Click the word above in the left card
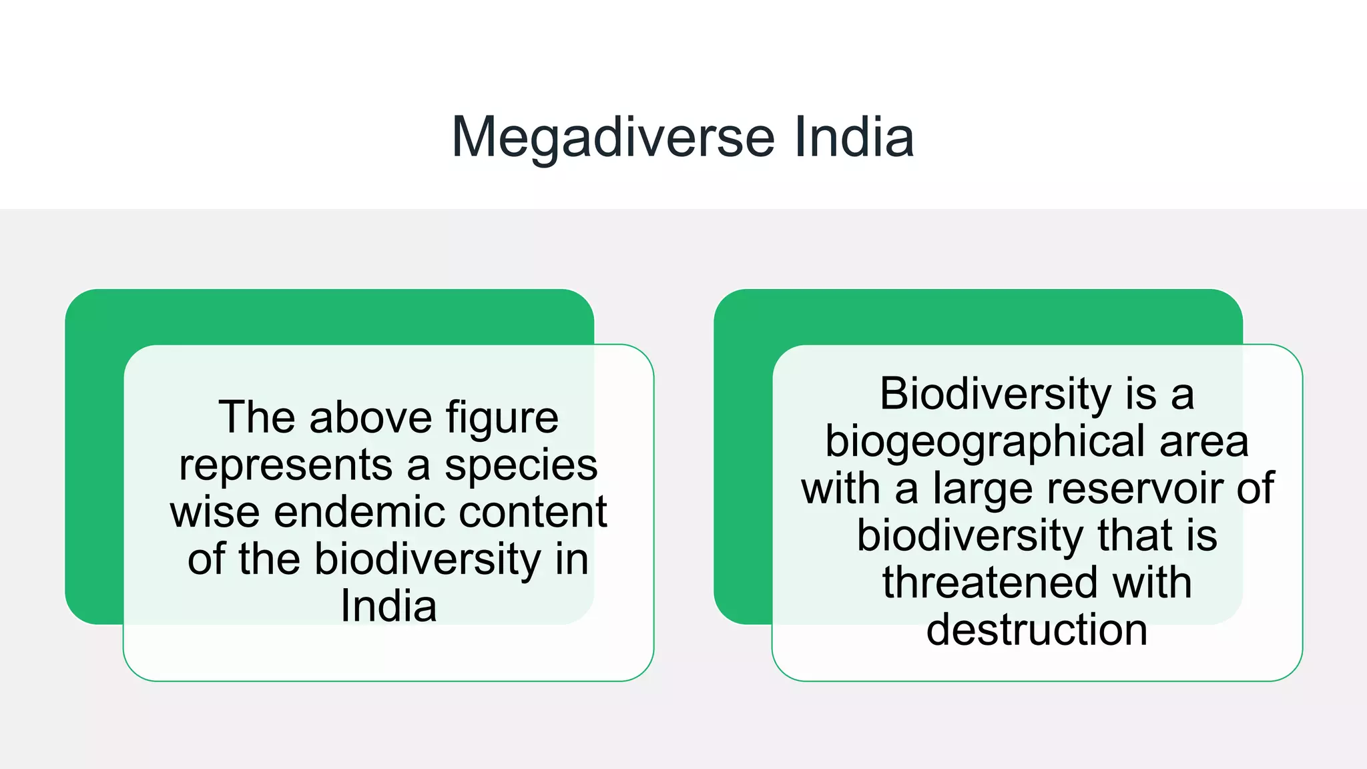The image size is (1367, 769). pos(370,418)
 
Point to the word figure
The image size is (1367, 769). pos(502,419)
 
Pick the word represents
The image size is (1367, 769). pos(285,465)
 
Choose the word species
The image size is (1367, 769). pos(521,465)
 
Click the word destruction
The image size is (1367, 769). pos(1037,629)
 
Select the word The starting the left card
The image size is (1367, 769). pos(256,418)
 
